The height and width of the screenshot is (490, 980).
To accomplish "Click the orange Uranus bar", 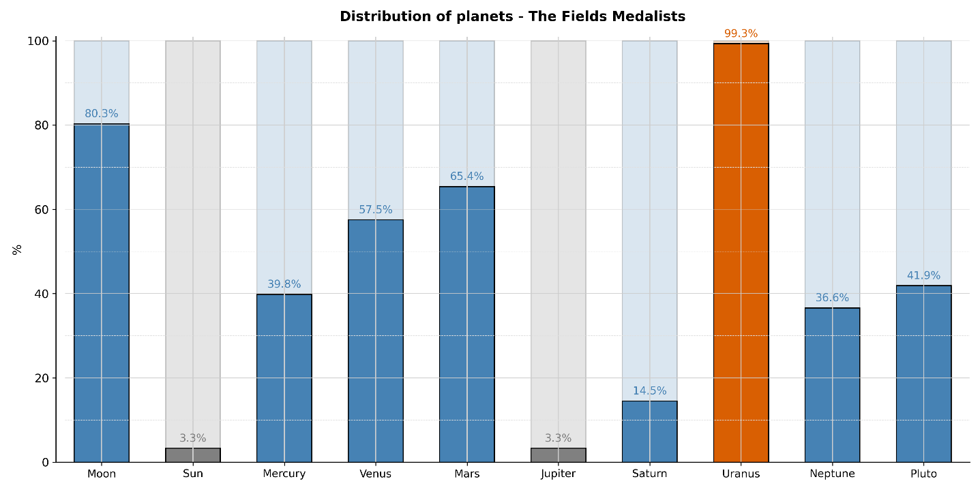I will click(x=741, y=252).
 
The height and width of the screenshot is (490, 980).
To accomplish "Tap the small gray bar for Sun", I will click(x=193, y=455).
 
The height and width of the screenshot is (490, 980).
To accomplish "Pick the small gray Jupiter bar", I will click(x=558, y=455).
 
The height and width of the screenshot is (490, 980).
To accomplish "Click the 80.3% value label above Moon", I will click(x=102, y=114).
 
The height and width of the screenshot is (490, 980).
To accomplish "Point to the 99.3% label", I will click(x=741, y=33).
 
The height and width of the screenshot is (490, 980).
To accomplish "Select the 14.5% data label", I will click(x=649, y=391).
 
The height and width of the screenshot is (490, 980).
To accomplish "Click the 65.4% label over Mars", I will click(x=466, y=177).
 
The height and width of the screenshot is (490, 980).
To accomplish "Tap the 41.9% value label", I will click(x=923, y=275).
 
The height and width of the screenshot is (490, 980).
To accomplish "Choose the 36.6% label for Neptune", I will click(x=832, y=298).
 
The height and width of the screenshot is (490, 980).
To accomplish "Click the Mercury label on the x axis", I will click(x=284, y=474).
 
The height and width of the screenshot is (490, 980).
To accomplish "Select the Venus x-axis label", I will click(x=376, y=474).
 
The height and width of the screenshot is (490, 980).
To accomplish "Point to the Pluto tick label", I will click(x=923, y=474).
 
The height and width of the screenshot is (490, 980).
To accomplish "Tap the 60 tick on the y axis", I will click(x=42, y=209).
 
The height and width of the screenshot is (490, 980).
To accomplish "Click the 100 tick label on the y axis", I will click(x=39, y=41).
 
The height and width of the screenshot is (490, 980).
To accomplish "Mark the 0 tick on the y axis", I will click(x=46, y=462).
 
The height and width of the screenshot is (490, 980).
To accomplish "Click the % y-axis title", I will click(x=18, y=249).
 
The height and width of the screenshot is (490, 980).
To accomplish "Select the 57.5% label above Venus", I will click(x=376, y=210).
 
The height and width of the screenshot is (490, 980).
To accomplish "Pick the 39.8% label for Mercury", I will click(x=284, y=284).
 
